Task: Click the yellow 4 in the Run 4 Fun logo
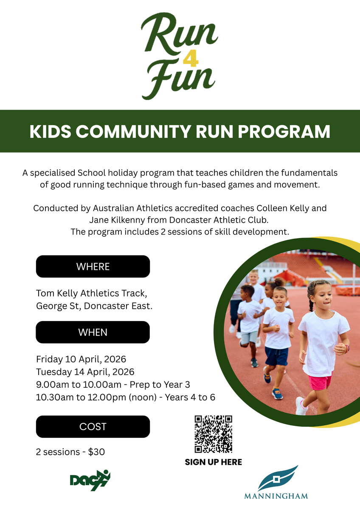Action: (x=191, y=59)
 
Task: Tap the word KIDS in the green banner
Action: (x=50, y=131)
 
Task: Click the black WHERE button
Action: (x=93, y=266)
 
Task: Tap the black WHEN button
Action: (x=93, y=332)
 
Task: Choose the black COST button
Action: (x=93, y=427)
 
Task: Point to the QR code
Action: (x=213, y=434)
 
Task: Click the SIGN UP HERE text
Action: (x=213, y=462)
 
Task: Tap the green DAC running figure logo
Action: (x=90, y=480)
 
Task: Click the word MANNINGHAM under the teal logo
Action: (x=276, y=496)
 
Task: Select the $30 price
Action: (x=96, y=452)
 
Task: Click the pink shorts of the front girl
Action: (x=320, y=382)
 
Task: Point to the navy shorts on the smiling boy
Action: (x=276, y=356)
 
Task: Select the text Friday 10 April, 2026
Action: (x=81, y=359)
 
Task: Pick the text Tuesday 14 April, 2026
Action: (x=85, y=372)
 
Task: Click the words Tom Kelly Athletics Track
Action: (x=91, y=294)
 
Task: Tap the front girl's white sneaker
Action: (x=301, y=406)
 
